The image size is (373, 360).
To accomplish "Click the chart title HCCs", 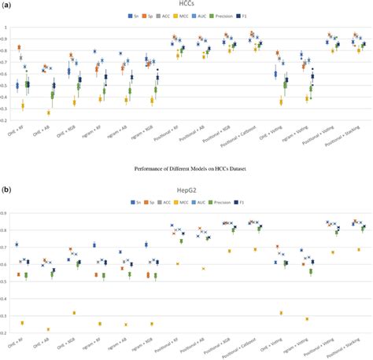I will click(x=186, y=5).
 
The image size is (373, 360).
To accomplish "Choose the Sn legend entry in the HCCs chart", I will click(x=135, y=15).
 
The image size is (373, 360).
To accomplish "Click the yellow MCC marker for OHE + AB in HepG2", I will click(x=49, y=329).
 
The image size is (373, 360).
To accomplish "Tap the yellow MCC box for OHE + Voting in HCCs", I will click(x=281, y=101).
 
